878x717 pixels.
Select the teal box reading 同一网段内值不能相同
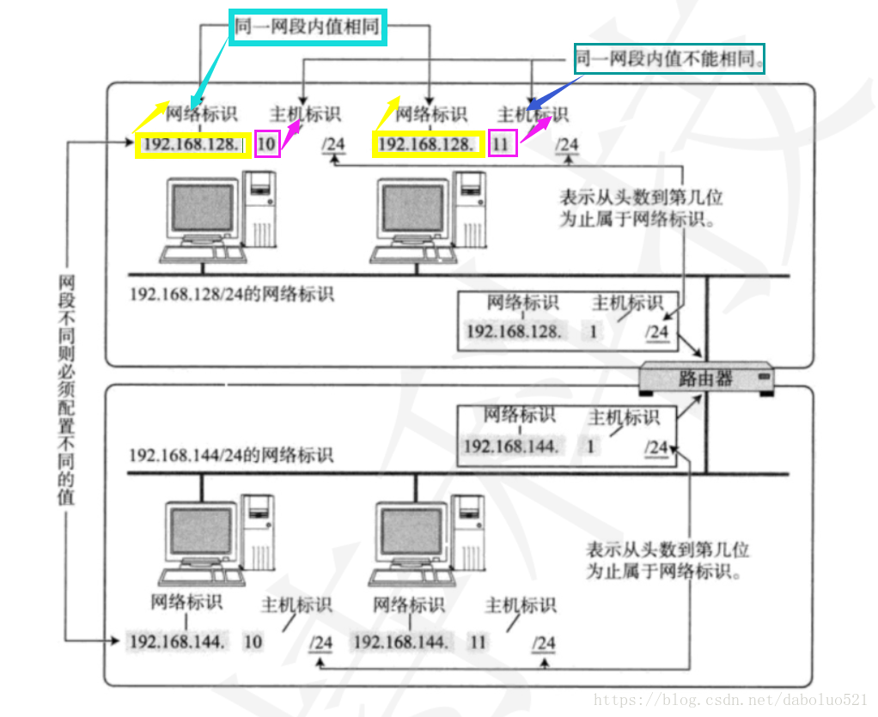669,59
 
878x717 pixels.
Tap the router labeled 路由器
706,378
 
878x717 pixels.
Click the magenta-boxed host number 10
267,143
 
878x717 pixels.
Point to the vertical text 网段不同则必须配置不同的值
65,391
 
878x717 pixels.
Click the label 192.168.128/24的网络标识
231,295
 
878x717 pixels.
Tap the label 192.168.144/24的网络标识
231,454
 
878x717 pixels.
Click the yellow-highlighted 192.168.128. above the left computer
192,144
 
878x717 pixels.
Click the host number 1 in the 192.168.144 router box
591,447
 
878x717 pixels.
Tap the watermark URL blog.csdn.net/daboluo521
731,701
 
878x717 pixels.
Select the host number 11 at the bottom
479,642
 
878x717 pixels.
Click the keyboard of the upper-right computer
410,254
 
